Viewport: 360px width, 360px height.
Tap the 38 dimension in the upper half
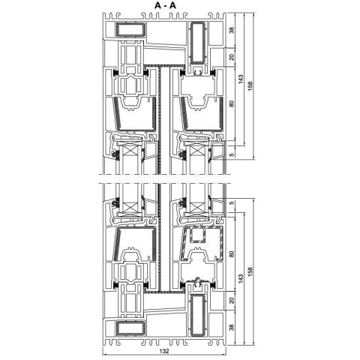coord(232,31)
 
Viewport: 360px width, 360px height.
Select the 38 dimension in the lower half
coord(232,327)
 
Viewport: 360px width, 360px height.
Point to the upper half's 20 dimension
coord(232,57)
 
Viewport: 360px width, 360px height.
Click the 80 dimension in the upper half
coord(232,104)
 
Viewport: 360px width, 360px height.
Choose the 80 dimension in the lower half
coord(232,253)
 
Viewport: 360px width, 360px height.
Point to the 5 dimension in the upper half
coord(232,154)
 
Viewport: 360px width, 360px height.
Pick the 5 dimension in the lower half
coord(232,203)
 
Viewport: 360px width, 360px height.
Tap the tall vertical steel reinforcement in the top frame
coord(199,40)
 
